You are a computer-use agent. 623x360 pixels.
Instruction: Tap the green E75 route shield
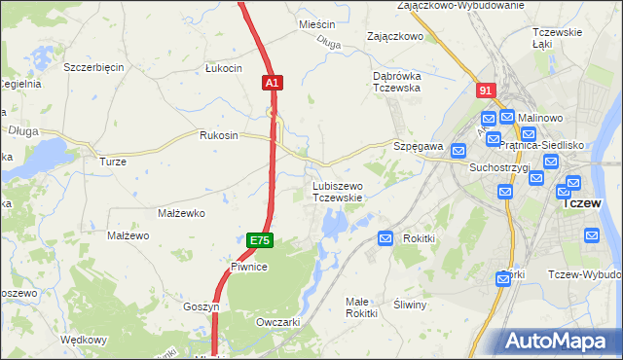click(x=259, y=240)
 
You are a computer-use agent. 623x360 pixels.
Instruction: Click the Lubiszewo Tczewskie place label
click(x=337, y=191)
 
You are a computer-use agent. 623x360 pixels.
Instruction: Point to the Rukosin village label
click(x=219, y=135)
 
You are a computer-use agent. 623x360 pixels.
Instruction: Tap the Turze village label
click(x=113, y=161)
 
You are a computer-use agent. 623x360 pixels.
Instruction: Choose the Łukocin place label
click(x=223, y=68)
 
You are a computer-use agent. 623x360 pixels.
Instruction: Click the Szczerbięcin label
click(x=93, y=67)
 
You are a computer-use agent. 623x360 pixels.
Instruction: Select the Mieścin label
click(x=317, y=23)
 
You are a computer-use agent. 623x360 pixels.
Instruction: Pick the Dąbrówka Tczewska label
click(x=395, y=81)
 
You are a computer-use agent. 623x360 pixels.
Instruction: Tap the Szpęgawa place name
click(x=419, y=146)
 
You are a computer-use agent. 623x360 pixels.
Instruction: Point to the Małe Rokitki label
click(x=361, y=306)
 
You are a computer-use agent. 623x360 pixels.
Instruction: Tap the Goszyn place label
click(x=202, y=306)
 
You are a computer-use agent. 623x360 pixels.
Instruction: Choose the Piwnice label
click(x=248, y=266)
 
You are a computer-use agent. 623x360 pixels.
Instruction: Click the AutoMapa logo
click(x=561, y=342)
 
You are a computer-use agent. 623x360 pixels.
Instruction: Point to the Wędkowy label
click(x=83, y=340)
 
